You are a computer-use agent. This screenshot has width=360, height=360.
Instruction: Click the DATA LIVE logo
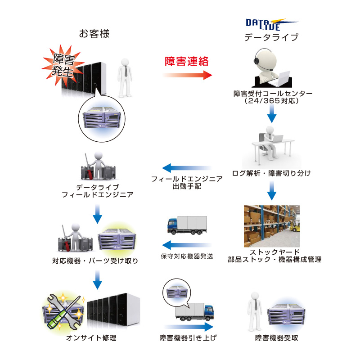click(x=271, y=24)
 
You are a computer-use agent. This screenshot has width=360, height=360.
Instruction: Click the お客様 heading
click(x=94, y=34)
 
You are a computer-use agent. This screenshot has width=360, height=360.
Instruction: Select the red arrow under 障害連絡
click(x=187, y=75)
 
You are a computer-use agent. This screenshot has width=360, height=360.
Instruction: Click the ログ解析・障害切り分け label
click(x=271, y=172)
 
